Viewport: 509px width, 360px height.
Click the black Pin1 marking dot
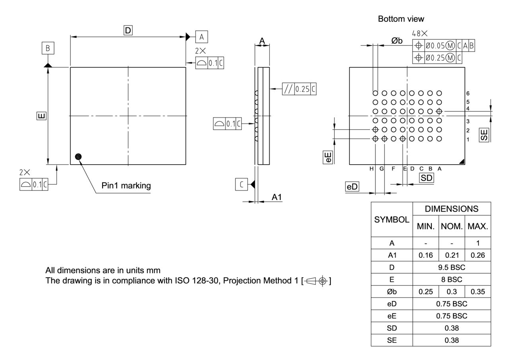[x=78, y=156]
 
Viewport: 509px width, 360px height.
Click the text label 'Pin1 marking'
[x=126, y=185]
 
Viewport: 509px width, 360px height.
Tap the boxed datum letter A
[x=202, y=37]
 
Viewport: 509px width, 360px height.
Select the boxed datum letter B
[x=48, y=48]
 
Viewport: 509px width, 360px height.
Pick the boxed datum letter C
[x=241, y=184]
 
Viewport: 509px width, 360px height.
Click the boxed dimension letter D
[x=128, y=31]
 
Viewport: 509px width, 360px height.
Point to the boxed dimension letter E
[x=41, y=116]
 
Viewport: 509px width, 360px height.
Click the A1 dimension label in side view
[x=276, y=197]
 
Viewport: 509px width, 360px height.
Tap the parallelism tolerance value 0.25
[x=302, y=89]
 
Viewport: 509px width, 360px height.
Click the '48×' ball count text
[x=420, y=34]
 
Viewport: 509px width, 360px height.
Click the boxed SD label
[x=426, y=178]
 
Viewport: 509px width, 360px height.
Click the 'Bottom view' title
[x=401, y=19]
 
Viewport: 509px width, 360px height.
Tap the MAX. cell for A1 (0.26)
[x=478, y=255]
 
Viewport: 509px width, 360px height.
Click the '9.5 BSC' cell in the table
[x=451, y=267]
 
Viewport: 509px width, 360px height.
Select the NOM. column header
[x=451, y=226]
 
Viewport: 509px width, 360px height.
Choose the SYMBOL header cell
[x=392, y=220]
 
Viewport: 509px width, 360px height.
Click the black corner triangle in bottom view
[x=461, y=161]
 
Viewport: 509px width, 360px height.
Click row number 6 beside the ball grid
[x=468, y=93]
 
